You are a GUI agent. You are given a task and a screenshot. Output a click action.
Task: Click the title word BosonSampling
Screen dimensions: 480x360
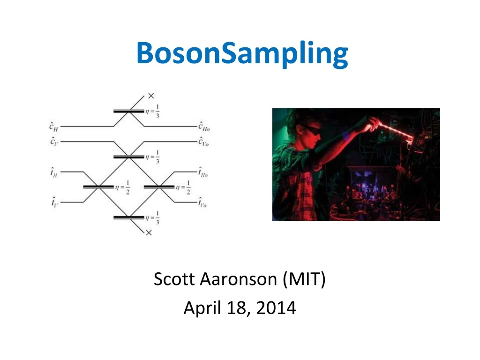242,53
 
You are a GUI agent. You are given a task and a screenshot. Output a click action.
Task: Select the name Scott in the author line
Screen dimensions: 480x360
174,279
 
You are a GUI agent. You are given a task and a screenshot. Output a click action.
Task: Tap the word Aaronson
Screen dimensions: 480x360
239,279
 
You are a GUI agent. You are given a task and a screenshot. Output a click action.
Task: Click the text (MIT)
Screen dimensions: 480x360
304,279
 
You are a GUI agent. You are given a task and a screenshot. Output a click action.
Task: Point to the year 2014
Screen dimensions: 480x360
276,307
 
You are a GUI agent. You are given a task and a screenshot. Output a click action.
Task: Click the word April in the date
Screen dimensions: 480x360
202,308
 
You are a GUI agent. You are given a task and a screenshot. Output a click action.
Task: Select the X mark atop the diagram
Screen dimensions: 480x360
151,96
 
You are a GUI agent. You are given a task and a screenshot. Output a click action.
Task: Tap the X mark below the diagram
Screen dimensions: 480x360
149,233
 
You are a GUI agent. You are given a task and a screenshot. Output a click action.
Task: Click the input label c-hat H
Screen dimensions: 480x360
53,127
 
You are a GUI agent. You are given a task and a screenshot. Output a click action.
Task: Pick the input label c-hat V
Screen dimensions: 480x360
54,141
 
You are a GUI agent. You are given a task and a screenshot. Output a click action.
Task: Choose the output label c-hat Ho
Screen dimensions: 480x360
204,127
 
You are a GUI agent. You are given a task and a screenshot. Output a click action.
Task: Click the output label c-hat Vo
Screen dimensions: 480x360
203,141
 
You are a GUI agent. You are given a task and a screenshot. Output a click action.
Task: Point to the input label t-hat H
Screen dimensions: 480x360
54,172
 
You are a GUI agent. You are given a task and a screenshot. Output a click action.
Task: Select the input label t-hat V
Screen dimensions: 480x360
54,202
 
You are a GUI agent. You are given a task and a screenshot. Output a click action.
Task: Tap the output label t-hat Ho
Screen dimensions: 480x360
203,172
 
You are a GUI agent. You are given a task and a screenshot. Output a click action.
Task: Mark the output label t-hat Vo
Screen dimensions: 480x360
202,202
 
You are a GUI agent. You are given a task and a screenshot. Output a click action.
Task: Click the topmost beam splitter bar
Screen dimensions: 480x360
128,111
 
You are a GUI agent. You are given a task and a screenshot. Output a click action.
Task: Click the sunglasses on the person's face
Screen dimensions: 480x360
312,130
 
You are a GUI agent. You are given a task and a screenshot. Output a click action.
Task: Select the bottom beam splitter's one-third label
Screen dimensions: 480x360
152,217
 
